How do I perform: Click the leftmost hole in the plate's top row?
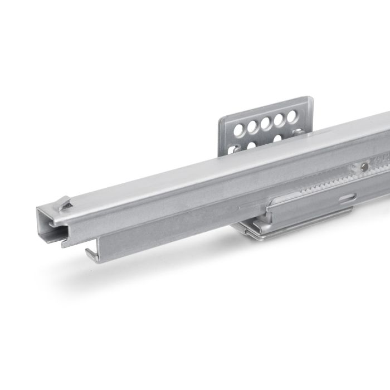click(240, 130)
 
